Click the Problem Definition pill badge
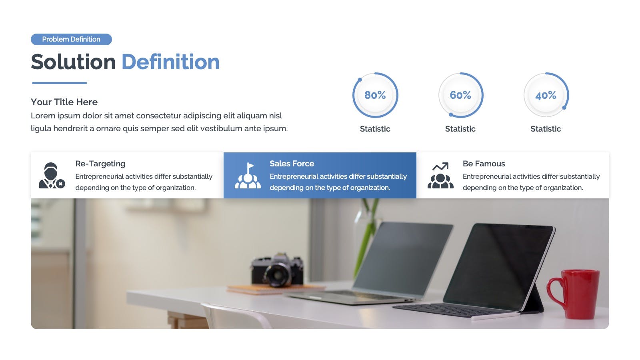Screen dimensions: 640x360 click(72, 39)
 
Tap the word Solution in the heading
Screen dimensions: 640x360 click(73, 62)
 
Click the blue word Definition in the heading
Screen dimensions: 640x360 click(170, 62)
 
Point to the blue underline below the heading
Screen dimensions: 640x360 click(60, 83)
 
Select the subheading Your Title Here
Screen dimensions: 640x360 click(64, 102)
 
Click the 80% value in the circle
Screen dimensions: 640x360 click(375, 95)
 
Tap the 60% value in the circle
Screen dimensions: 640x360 click(460, 95)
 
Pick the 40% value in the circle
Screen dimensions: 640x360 click(546, 95)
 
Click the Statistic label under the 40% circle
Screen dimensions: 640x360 click(546, 129)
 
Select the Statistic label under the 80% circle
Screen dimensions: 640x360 click(375, 129)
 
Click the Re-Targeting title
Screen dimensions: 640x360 click(100, 164)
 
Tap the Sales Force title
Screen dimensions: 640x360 click(292, 164)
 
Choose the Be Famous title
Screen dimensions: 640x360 click(484, 164)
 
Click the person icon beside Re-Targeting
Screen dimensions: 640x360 click(52, 176)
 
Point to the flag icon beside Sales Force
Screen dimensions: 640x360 click(248, 176)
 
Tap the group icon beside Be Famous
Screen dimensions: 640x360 click(440, 176)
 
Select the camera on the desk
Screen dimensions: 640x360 click(277, 270)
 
